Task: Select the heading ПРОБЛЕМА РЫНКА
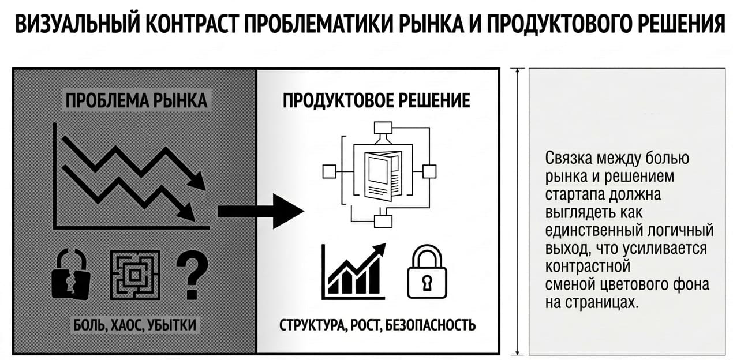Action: point(136,100)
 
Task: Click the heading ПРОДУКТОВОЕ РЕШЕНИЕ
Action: point(376,100)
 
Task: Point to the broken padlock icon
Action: point(71,274)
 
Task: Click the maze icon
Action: point(135,275)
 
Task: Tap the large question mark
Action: point(192,275)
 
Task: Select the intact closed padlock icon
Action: point(427,271)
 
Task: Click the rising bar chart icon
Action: point(353,271)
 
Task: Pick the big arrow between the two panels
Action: point(261,211)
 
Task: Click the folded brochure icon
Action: point(383,176)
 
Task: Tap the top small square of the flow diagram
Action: point(383,128)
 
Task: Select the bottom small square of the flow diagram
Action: point(383,222)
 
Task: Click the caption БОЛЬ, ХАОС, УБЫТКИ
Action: point(135,325)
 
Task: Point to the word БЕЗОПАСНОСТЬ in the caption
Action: point(430,325)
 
